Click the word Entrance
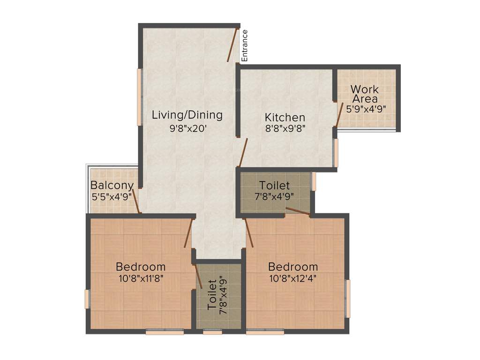(244, 45)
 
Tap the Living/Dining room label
(187, 115)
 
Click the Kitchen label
(285, 117)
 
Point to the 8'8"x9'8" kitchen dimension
(285, 128)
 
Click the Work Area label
(365, 94)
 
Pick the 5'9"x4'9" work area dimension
(366, 109)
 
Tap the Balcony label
(112, 185)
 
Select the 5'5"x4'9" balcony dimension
(112, 196)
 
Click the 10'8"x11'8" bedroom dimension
(140, 278)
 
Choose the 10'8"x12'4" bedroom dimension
(293, 278)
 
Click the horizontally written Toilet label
(275, 186)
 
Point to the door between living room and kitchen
(242, 152)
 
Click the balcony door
(136, 201)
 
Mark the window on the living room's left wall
(139, 97)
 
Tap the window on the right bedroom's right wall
(347, 299)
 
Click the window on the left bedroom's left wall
(87, 299)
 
